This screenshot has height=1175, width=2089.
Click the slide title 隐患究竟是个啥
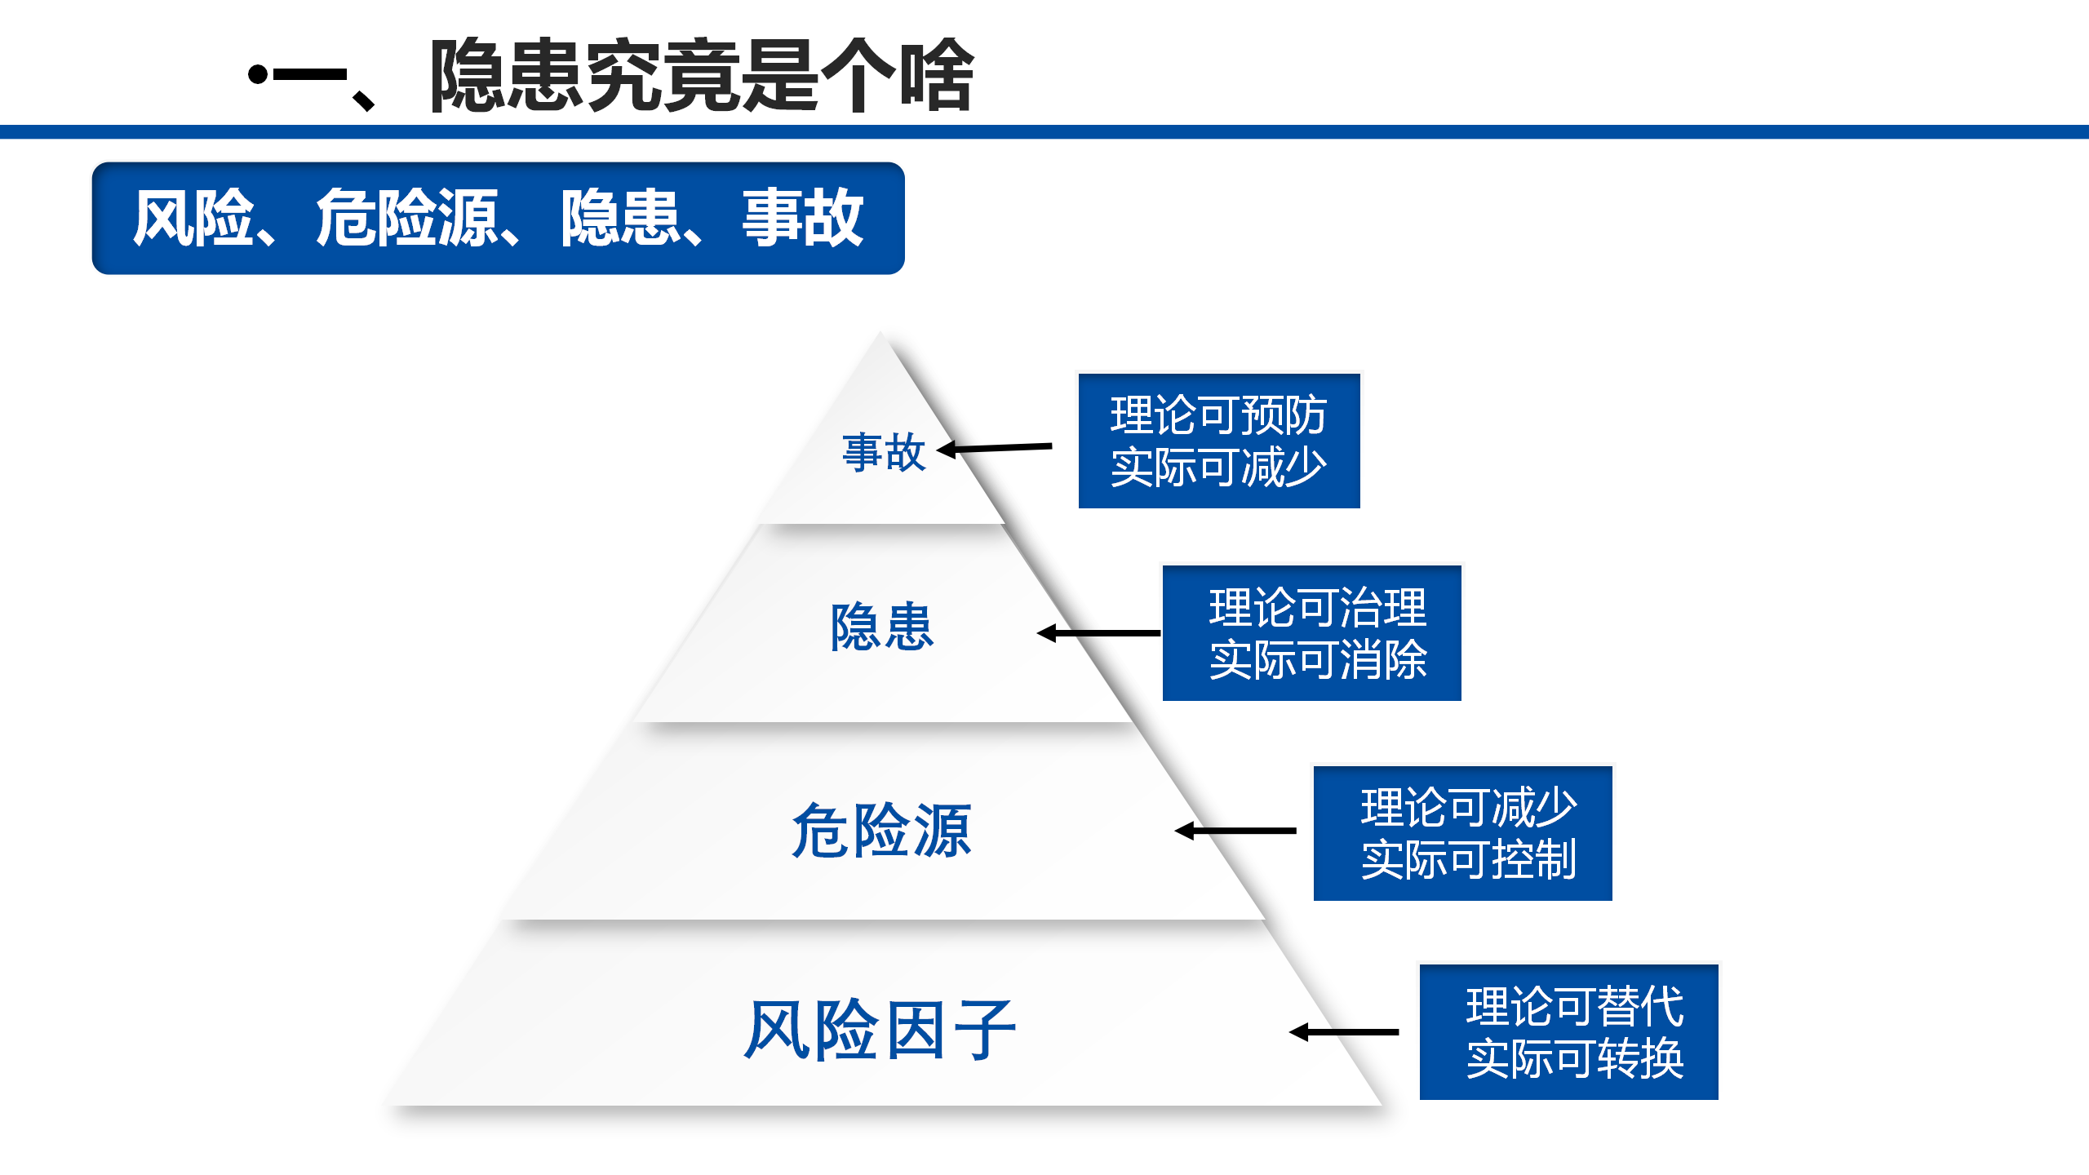coord(702,75)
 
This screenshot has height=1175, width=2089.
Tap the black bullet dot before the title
coord(258,75)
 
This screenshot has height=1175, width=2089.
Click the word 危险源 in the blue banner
coord(406,218)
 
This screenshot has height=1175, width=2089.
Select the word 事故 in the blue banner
coord(802,218)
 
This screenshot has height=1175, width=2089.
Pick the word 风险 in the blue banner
coord(194,218)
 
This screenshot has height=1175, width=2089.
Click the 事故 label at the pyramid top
coord(884,452)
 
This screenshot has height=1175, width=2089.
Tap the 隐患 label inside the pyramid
coord(882,627)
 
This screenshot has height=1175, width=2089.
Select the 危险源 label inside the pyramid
coord(882,830)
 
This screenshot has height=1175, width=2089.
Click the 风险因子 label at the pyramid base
coord(880,1030)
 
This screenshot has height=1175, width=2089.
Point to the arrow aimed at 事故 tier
coord(994,448)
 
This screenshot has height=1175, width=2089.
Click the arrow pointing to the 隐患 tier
coord(1098,633)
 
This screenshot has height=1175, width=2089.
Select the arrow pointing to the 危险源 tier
coord(1235,831)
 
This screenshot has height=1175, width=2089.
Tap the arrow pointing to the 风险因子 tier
coord(1344,1032)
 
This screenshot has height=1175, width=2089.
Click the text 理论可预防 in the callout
coord(1218,415)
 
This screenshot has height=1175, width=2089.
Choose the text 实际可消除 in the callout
coord(1318,660)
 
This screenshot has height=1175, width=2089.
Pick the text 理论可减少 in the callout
coord(1469,807)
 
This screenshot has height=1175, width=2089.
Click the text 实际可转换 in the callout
coord(1575,1059)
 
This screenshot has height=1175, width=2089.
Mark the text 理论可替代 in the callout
coord(1575,1006)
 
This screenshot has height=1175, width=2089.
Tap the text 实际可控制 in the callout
coord(1469,860)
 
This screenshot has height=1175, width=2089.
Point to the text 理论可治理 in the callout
coord(1318,607)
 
